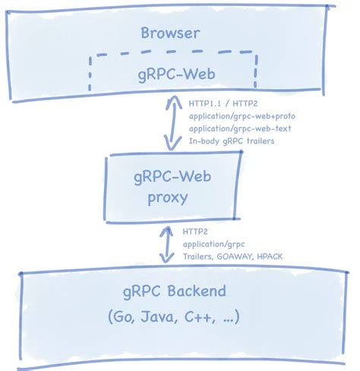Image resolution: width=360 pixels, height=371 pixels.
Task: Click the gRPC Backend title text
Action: click(175, 293)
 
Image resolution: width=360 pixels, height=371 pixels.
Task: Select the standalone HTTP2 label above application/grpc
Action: click(196, 231)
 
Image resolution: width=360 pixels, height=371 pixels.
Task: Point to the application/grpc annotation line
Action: click(213, 244)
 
